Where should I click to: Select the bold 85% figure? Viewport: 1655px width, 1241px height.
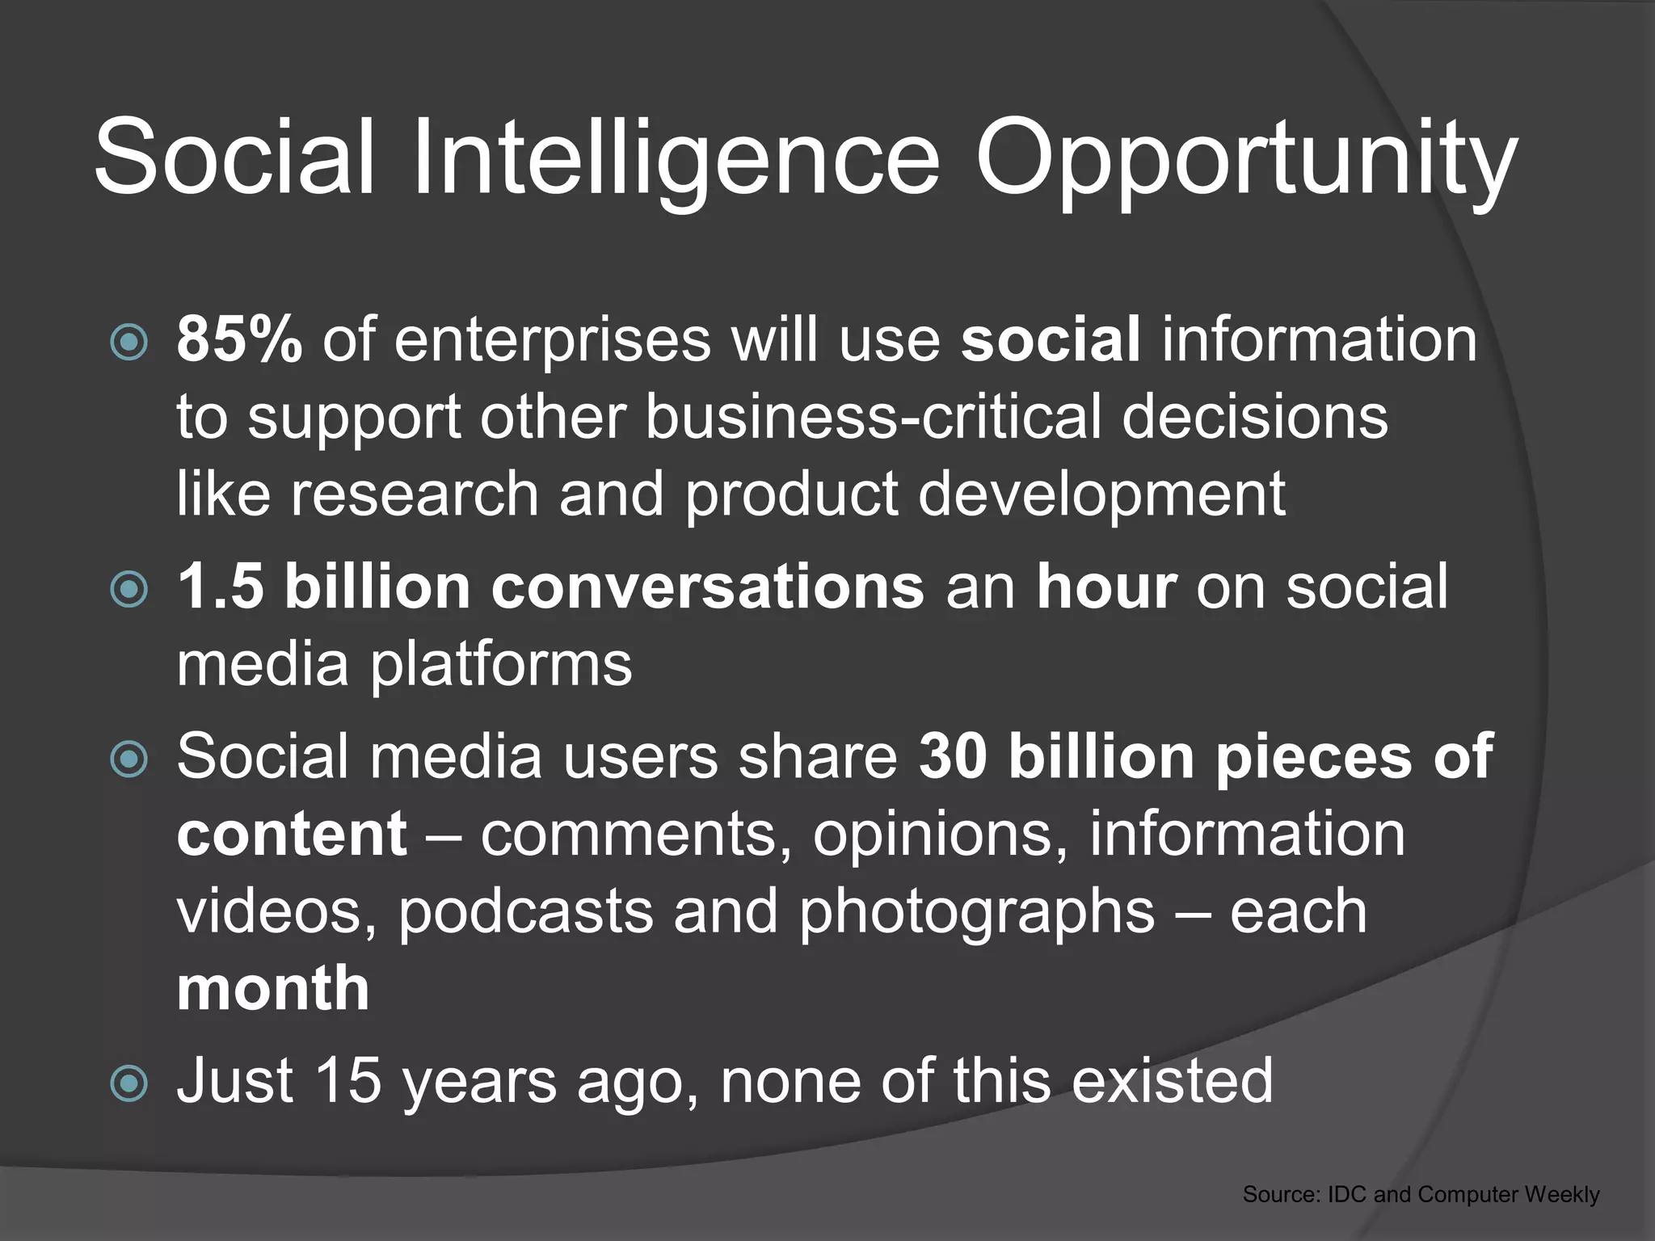[239, 339]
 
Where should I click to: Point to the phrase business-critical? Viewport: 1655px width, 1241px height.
[873, 417]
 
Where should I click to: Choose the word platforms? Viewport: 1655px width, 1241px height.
[500, 664]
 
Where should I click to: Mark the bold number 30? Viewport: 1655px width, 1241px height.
[953, 756]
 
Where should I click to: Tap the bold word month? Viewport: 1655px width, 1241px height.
[273, 988]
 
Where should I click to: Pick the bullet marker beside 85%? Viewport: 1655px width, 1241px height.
[128, 342]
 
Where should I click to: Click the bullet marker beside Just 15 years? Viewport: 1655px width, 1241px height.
[128, 1083]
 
